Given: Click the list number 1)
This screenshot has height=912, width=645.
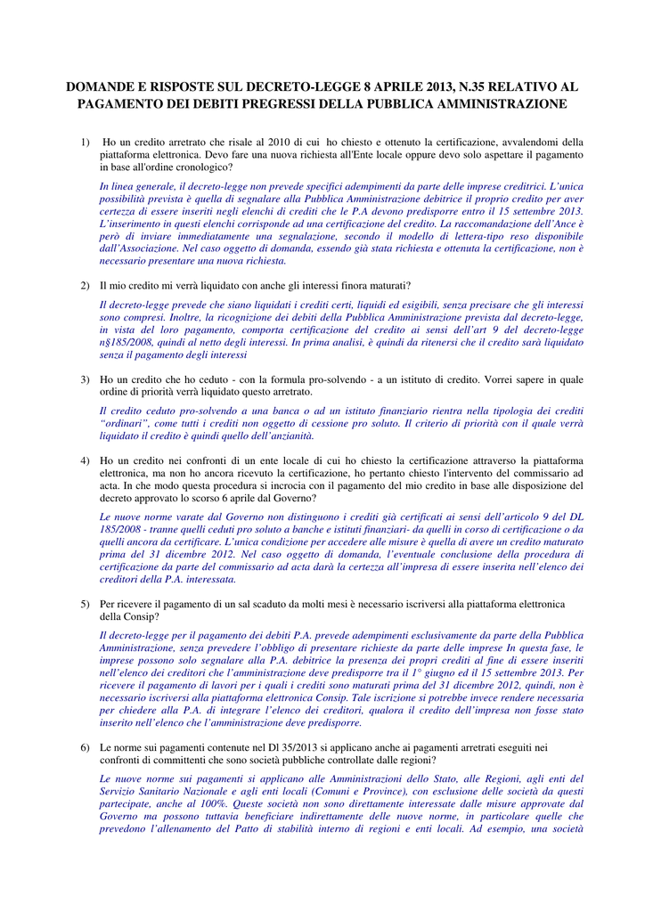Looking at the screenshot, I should [x=86, y=142].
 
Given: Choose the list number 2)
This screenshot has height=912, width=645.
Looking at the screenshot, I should [x=86, y=286].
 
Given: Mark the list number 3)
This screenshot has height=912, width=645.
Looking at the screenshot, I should [x=86, y=379].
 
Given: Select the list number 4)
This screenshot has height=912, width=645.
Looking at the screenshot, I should [x=86, y=460].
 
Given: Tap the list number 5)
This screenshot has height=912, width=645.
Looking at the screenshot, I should [x=86, y=605].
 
